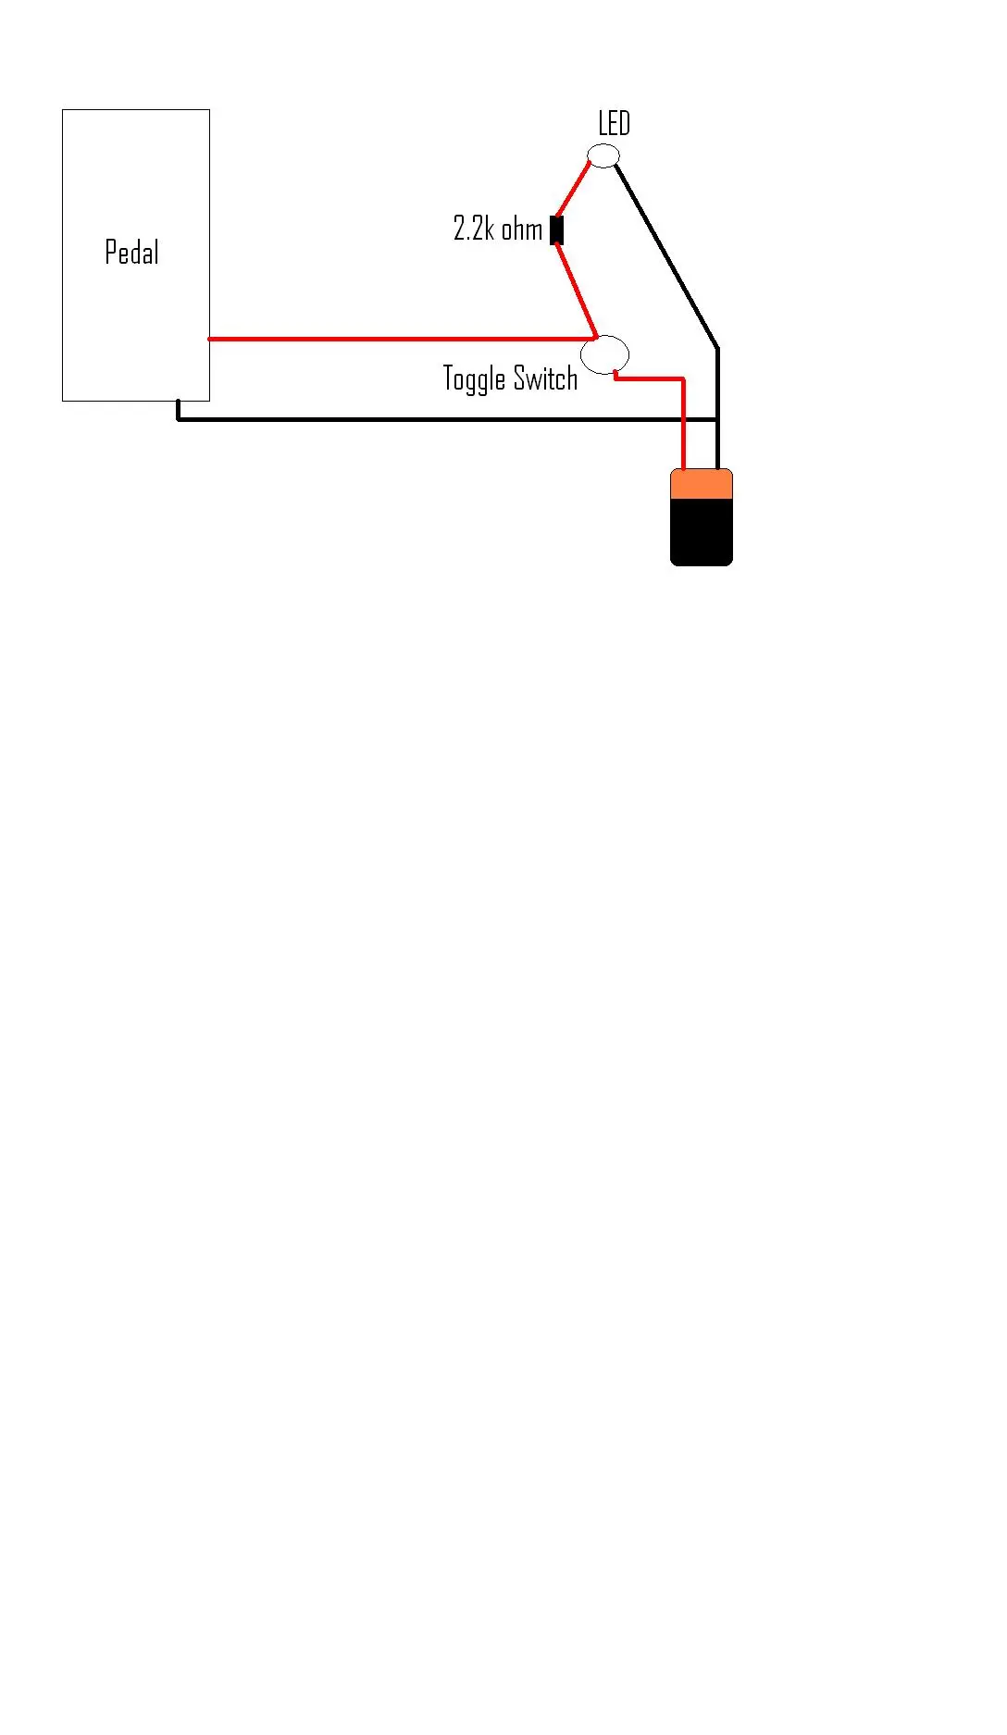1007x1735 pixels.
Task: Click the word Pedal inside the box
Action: coord(131,252)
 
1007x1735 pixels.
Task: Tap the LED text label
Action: coord(614,123)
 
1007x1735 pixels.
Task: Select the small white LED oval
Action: coord(603,155)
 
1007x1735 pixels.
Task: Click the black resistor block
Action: coord(556,230)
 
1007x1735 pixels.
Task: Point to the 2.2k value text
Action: coord(473,228)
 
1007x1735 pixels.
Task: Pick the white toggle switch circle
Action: coord(604,354)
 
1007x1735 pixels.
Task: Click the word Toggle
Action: coord(474,379)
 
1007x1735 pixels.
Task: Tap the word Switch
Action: coord(545,378)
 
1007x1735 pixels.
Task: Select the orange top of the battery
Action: coord(702,484)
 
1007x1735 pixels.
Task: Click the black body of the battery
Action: coord(702,532)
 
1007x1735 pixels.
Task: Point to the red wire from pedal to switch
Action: coord(403,339)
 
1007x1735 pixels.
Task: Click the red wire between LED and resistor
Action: coord(572,190)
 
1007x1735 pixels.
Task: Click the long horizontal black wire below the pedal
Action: coord(448,419)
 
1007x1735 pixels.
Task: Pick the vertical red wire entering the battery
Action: coord(684,424)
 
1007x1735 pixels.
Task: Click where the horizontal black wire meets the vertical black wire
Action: coord(717,419)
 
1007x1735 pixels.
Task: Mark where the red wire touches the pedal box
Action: coord(210,339)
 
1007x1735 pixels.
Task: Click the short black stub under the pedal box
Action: coord(178,410)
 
